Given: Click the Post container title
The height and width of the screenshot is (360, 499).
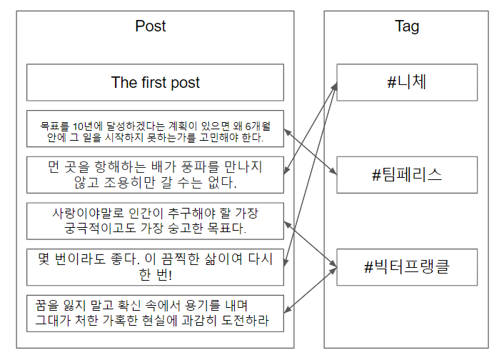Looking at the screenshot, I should [150, 26].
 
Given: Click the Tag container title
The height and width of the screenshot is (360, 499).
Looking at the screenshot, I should [407, 26].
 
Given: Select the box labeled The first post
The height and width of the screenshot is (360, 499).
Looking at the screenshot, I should [155, 83].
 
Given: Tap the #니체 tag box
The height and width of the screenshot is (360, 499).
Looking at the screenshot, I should [407, 82].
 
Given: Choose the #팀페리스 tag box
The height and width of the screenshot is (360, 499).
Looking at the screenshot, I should [407, 175].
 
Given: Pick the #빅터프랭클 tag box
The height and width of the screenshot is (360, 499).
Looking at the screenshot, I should [407, 268].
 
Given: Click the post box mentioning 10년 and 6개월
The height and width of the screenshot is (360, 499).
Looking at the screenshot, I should [155, 129].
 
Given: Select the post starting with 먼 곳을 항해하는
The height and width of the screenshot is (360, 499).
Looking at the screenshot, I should [155, 175].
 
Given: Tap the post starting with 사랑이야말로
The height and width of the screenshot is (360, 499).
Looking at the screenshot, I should [155, 221].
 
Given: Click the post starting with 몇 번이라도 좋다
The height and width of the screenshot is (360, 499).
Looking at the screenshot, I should [155, 267].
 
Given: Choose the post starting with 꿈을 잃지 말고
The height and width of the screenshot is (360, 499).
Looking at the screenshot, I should [155, 314].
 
